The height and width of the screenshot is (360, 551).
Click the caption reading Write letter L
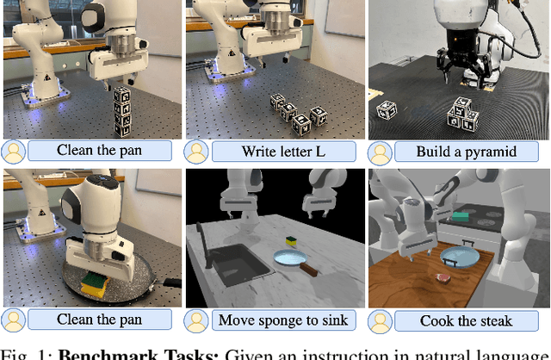pyautogui.click(x=283, y=152)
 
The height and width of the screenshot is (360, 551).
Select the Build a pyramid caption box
pyautogui.click(x=467, y=152)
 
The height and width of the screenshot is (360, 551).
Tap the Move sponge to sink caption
pyautogui.click(x=283, y=320)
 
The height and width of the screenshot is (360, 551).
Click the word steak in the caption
pyautogui.click(x=496, y=320)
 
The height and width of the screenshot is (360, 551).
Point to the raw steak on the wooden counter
pyautogui.click(x=443, y=279)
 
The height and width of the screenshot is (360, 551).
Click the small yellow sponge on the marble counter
pyautogui.click(x=291, y=240)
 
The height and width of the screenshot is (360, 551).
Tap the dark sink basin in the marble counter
pyautogui.click(x=239, y=264)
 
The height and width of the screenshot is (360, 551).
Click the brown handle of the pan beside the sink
pyautogui.click(x=308, y=270)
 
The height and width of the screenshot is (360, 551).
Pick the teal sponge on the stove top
pyautogui.click(x=460, y=216)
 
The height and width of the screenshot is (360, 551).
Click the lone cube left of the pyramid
pyautogui.click(x=387, y=109)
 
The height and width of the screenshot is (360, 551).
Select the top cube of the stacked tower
pyautogui.click(x=121, y=95)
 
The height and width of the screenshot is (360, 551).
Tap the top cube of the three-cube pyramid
pyautogui.click(x=462, y=106)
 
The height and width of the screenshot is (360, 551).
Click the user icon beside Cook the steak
pyautogui.click(x=380, y=321)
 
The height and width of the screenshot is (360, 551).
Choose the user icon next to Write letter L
pyautogui.click(x=196, y=152)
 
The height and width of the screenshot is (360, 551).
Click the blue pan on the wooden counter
pyautogui.click(x=460, y=257)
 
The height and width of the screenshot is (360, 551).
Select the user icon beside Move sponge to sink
pyautogui.click(x=196, y=321)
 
